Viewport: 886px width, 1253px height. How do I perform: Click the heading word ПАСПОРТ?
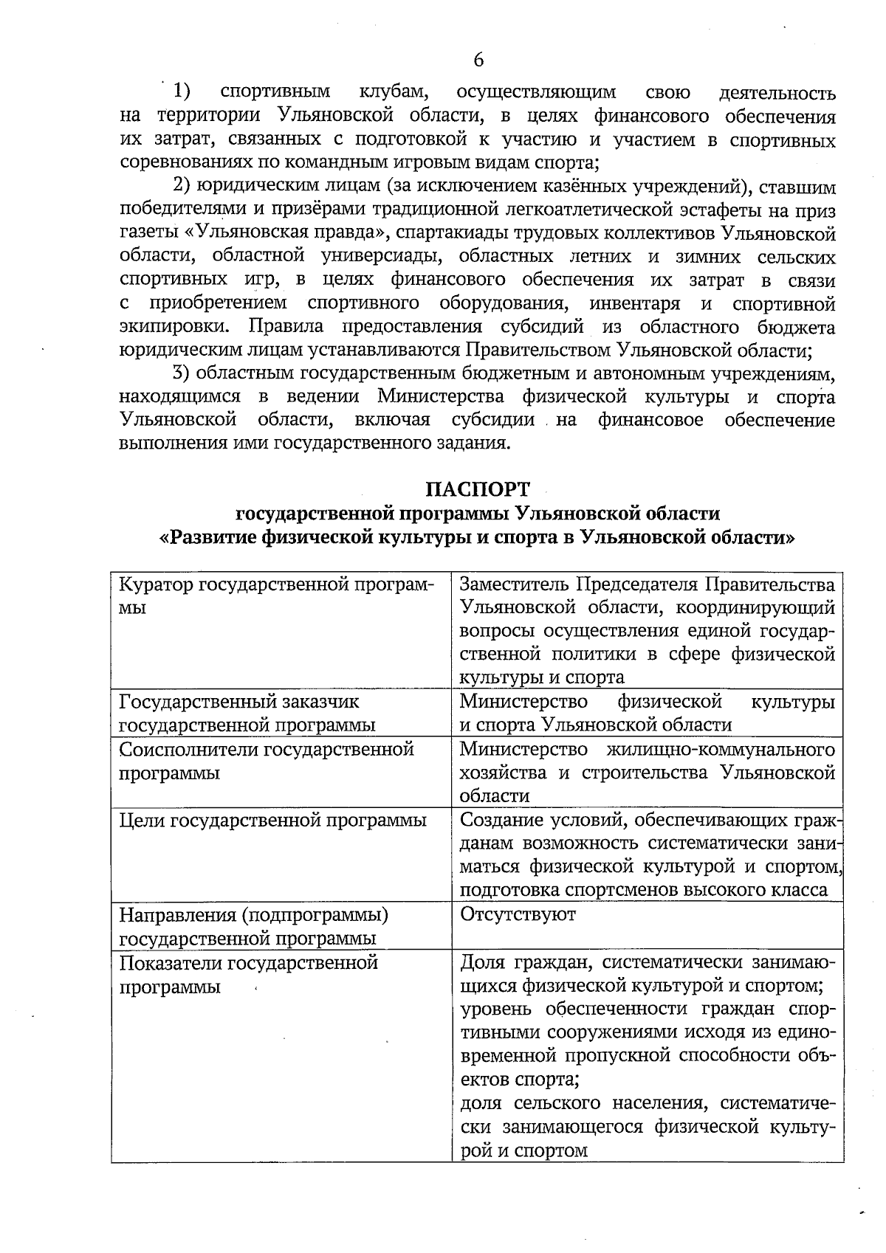click(x=478, y=489)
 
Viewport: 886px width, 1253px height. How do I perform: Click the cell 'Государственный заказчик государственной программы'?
click(x=247, y=712)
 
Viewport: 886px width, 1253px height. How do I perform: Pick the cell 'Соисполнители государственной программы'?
click(x=267, y=761)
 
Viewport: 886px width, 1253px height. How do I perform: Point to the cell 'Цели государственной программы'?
click(x=272, y=820)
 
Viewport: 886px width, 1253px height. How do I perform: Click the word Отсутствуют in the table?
click(x=518, y=914)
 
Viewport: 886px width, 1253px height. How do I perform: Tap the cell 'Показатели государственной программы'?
click(x=249, y=974)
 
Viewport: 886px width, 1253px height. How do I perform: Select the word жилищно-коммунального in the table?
click(x=720, y=750)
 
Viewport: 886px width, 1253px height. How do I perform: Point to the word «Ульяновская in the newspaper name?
click(x=238, y=234)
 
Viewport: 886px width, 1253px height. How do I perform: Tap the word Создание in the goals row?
click(x=501, y=820)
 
